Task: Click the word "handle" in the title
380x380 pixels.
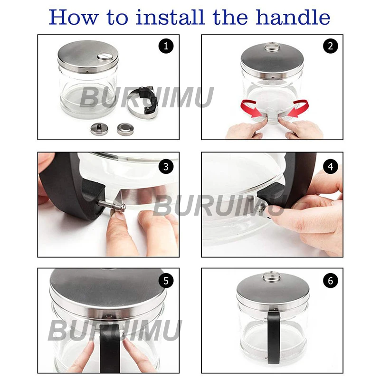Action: point(293,17)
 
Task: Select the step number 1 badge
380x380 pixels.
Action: point(166,46)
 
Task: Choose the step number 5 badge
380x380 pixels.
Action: point(166,281)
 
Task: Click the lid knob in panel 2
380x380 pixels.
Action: point(272,46)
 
